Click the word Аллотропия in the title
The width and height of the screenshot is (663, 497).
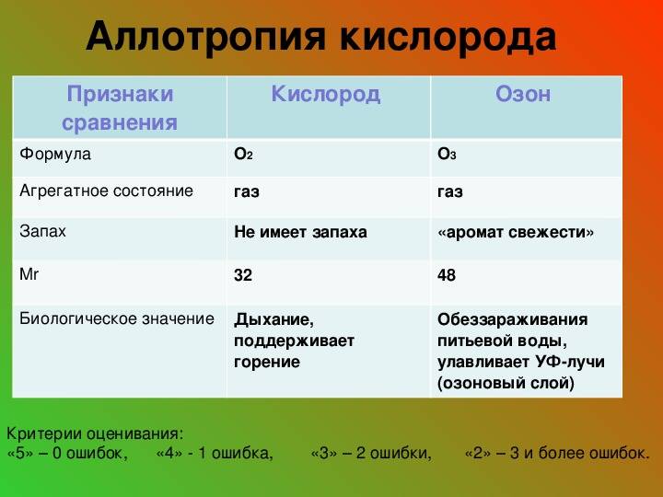click(x=206, y=36)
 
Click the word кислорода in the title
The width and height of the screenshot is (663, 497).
click(x=448, y=36)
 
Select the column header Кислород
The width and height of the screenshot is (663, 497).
click(x=326, y=95)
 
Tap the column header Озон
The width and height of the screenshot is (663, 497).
click(x=523, y=94)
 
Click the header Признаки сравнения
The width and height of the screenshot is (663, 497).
click(x=120, y=109)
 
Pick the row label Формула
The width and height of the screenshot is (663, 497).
click(x=55, y=154)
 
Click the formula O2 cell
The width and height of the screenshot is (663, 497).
click(x=243, y=155)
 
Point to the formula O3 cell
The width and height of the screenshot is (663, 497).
click(x=447, y=155)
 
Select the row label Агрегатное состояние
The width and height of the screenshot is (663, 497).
click(x=106, y=191)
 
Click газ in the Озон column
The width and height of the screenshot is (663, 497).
click(x=450, y=192)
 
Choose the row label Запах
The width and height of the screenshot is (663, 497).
click(x=42, y=232)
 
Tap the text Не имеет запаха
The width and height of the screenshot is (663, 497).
click(x=300, y=232)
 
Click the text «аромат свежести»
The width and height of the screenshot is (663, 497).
click(x=516, y=233)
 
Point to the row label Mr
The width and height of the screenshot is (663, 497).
click(x=29, y=274)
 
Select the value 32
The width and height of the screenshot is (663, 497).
click(x=243, y=275)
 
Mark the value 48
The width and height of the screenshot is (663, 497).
click(x=447, y=275)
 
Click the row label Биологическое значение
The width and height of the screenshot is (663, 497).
click(x=117, y=318)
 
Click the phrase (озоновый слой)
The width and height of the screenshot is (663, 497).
click(x=506, y=383)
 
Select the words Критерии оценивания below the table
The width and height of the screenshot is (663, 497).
click(x=95, y=434)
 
